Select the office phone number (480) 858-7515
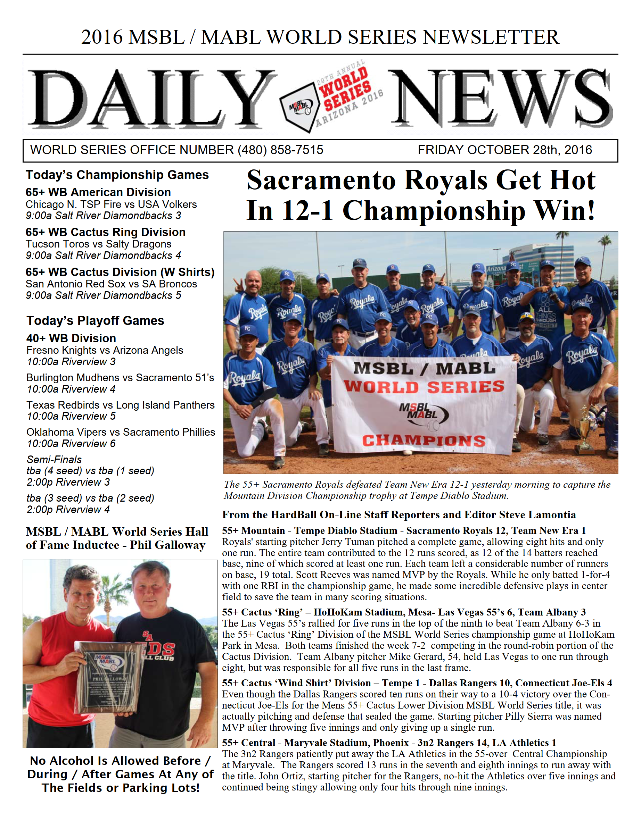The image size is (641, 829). point(280,150)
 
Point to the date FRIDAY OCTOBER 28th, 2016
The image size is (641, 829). point(504,150)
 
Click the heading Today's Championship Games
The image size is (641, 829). point(117,175)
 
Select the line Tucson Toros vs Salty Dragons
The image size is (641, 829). point(98,244)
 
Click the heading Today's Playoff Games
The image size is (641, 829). point(95,321)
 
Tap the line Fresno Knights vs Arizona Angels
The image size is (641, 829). point(105,350)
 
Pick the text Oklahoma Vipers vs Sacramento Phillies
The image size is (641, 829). point(121,432)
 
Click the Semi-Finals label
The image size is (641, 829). point(54,460)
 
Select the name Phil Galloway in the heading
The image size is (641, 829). point(167,545)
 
